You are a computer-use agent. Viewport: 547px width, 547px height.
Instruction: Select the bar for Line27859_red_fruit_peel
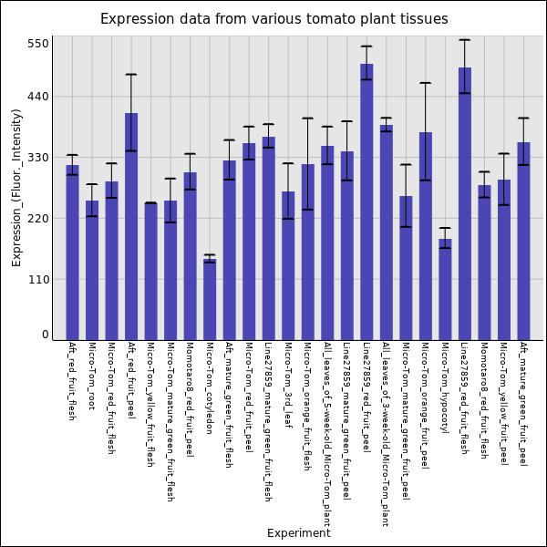coord(366,201)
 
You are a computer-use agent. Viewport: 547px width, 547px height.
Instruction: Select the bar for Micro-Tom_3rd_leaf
coord(288,265)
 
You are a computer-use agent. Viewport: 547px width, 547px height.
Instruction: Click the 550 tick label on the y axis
coord(38,44)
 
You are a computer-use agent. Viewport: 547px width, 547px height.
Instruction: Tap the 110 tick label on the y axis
coord(38,280)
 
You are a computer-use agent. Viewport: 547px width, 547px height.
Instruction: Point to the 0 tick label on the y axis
coord(45,335)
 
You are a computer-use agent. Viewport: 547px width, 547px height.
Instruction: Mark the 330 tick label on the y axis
coord(38,158)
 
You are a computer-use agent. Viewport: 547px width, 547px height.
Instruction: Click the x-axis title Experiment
coord(298,533)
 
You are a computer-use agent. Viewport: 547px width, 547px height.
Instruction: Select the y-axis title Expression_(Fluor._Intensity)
coord(16,187)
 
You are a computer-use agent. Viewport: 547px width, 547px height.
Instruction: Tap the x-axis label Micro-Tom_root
coord(92,376)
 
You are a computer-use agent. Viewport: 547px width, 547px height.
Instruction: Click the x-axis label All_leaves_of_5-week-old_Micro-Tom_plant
coord(327,434)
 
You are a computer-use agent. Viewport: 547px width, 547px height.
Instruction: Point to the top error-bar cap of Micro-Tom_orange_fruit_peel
coord(426,83)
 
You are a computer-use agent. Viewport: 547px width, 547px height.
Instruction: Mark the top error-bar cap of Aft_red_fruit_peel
coord(131,75)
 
